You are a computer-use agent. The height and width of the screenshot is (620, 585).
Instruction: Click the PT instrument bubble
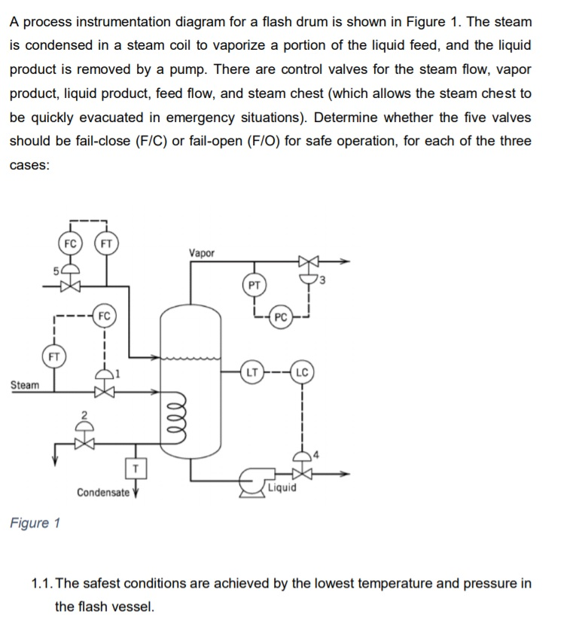[x=255, y=285]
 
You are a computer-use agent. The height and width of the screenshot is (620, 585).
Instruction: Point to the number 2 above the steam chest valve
[x=85, y=413]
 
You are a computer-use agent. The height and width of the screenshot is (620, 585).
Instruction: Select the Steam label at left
[x=24, y=385]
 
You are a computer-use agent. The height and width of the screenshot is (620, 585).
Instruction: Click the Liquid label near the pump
[x=282, y=487]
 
